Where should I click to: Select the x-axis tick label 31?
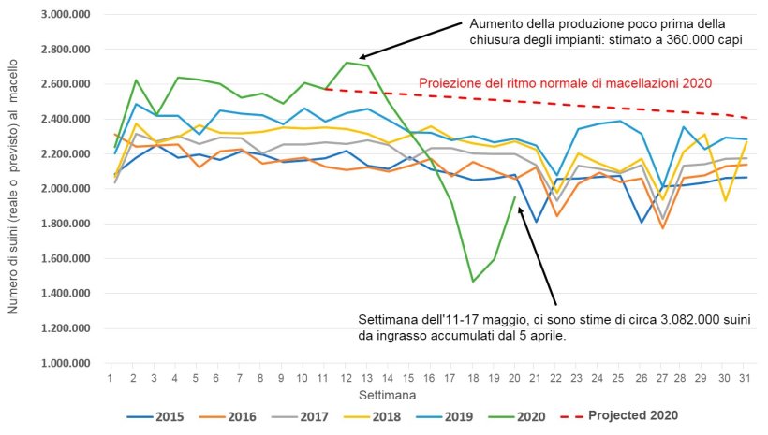742,377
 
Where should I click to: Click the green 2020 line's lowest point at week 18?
473,281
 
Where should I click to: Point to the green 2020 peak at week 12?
347,63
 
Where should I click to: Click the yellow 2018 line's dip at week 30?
721,200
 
